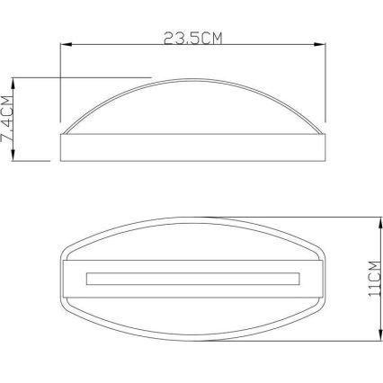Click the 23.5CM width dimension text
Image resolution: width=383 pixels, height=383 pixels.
point(192,38)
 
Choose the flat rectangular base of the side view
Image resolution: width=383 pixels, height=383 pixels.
point(192,147)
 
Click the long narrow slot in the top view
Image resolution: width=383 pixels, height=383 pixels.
point(192,278)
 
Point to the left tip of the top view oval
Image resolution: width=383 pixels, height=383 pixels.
point(62,278)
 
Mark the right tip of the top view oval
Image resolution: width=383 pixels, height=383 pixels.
point(322,278)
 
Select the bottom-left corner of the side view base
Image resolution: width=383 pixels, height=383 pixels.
point(60,160)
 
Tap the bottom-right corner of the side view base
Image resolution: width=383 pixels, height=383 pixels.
point(324,160)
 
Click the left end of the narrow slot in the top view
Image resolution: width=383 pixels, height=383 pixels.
point(86,278)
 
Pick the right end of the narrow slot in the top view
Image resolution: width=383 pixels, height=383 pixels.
point(298,278)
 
